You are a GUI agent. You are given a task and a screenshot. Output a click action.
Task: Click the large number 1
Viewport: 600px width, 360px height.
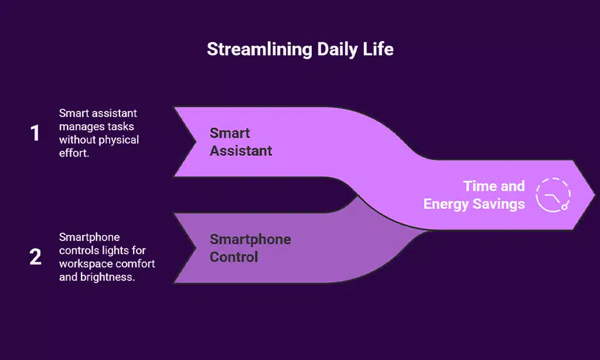(35, 134)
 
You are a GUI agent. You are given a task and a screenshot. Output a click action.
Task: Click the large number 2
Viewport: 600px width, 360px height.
(35, 257)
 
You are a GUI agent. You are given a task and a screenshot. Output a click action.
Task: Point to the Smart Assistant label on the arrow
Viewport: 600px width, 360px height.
(241, 142)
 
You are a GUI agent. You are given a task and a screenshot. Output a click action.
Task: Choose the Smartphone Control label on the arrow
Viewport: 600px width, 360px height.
(250, 248)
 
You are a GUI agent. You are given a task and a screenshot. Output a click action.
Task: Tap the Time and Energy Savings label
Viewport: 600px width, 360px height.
(474, 195)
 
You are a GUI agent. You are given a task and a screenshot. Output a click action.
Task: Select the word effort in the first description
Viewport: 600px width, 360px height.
(74, 154)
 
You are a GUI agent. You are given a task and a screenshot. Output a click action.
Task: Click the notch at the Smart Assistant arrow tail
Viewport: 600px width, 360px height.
(195, 141)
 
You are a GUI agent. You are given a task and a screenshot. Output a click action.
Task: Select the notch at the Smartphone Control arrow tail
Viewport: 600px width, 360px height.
(195, 248)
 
